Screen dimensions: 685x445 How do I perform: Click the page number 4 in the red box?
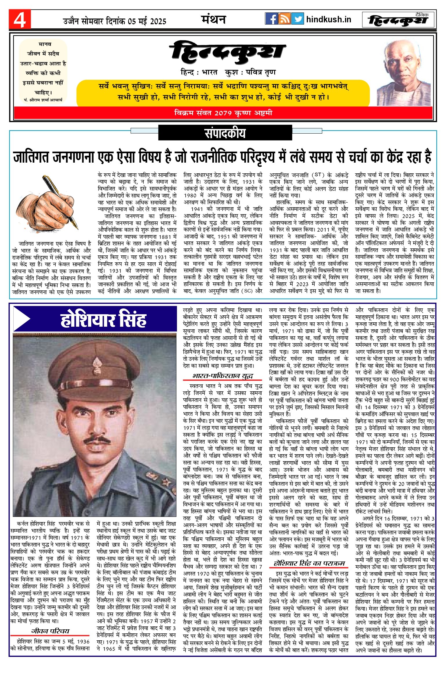pyautogui.click(x=20, y=20)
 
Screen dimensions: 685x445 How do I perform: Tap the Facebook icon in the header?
pyautogui.click(x=271, y=19)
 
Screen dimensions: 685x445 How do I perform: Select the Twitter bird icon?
pyautogui.click(x=297, y=19)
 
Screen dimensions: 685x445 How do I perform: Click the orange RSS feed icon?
pyautogui.click(x=284, y=19)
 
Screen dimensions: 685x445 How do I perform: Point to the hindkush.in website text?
pyautogui.click(x=329, y=19)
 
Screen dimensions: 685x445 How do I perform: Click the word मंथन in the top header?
pyautogui.click(x=214, y=19)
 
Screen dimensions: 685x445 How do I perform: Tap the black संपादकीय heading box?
pyautogui.click(x=225, y=133)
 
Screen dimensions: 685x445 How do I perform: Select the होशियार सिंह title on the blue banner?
pyautogui.click(x=103, y=319)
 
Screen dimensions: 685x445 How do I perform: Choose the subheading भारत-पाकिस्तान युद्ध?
pyautogui.click(x=222, y=376)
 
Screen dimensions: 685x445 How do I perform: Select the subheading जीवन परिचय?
pyautogui.click(x=50, y=631)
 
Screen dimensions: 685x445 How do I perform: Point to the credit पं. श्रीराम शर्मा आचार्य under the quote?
pyautogui.click(x=43, y=100)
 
